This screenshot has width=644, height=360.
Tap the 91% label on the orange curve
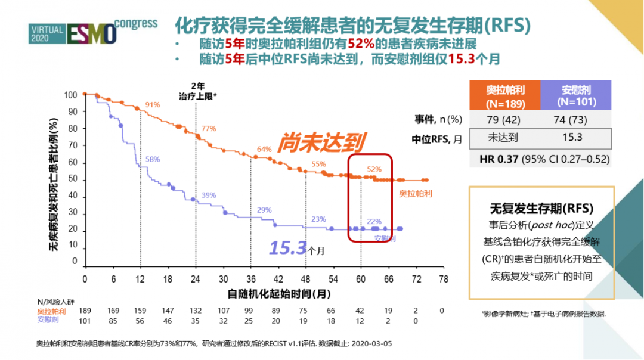(152, 105)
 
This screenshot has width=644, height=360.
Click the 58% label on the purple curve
(153, 159)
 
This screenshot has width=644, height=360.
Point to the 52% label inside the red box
(374, 169)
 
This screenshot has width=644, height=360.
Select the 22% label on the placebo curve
(374, 222)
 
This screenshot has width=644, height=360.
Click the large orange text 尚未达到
(321, 142)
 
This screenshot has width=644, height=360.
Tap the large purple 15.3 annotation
(288, 247)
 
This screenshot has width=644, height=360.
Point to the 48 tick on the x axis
(305, 279)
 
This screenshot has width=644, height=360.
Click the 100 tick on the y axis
(71, 95)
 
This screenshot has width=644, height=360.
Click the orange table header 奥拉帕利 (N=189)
(504, 95)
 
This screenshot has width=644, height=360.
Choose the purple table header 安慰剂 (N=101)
(576, 95)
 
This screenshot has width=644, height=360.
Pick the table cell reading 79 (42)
(504, 119)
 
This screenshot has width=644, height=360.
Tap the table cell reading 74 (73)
(576, 119)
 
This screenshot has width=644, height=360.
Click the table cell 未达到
(504, 138)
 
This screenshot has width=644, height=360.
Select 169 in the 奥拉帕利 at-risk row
(113, 311)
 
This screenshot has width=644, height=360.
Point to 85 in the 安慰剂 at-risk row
(113, 320)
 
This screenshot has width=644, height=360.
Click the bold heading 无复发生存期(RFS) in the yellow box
(541, 209)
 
